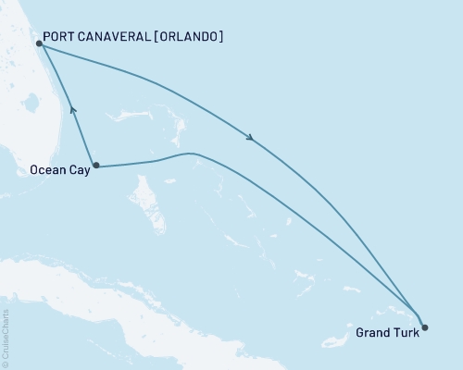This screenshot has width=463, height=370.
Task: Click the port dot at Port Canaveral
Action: tap(38, 43)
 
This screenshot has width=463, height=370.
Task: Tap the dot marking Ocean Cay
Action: tap(95, 166)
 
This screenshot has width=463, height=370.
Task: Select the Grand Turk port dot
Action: tap(425, 327)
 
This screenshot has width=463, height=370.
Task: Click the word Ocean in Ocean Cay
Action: tap(46, 170)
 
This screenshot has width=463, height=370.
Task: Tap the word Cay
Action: tap(79, 171)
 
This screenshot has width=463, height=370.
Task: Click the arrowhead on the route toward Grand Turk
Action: tap(251, 140)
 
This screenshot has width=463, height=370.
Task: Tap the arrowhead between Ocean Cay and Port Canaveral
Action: tap(72, 111)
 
